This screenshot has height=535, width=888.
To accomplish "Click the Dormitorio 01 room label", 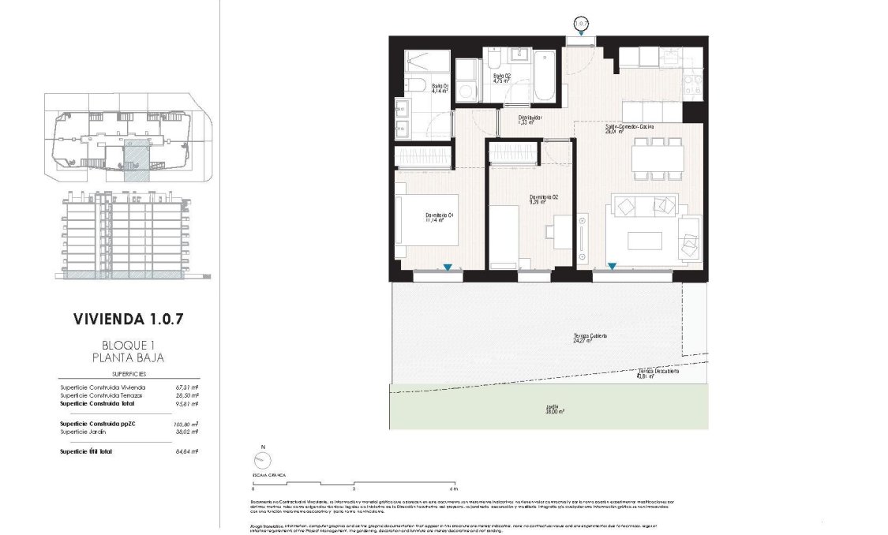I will pyautogui.click(x=438, y=218).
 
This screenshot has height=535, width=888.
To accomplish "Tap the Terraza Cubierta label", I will pyautogui.click(x=590, y=339).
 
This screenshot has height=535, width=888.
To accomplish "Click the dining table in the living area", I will pyautogui.click(x=657, y=161).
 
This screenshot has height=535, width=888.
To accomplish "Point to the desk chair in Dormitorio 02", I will pyautogui.click(x=552, y=230).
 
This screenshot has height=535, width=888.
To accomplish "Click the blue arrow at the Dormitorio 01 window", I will pyautogui.click(x=448, y=268).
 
